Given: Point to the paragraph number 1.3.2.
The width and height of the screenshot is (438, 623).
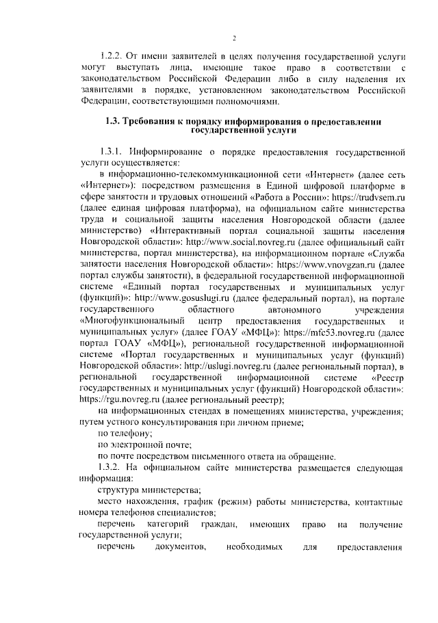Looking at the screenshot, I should coord(112,467).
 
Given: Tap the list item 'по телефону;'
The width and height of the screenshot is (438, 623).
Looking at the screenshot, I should coord(125,434).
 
